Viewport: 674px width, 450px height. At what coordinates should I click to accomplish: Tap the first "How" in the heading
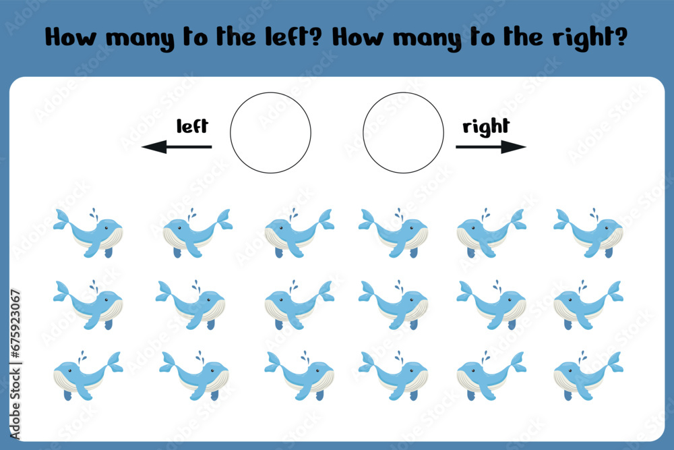click(71, 37)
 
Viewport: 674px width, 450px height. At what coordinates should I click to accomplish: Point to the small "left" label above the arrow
click(192, 125)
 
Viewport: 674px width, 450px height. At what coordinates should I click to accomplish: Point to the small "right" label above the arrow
click(486, 128)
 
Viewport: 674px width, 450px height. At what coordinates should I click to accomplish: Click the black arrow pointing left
click(176, 146)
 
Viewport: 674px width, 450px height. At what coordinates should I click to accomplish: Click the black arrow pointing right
click(491, 146)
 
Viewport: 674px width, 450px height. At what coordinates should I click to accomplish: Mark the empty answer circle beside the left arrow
click(231, 133)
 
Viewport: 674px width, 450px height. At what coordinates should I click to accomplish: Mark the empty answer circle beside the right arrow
click(363, 133)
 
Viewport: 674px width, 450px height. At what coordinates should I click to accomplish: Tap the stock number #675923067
click(16, 324)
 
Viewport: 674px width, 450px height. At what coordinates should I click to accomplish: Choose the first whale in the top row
click(88, 233)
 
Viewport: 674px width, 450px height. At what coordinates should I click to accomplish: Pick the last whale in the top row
click(588, 233)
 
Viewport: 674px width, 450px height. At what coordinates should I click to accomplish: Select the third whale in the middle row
click(299, 304)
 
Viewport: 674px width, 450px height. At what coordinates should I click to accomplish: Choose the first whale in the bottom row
click(88, 375)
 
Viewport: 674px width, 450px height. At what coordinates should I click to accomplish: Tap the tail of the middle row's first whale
click(62, 291)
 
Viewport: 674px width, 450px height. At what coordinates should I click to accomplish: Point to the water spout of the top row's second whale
click(191, 213)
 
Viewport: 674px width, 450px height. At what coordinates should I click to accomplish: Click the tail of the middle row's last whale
click(615, 291)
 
